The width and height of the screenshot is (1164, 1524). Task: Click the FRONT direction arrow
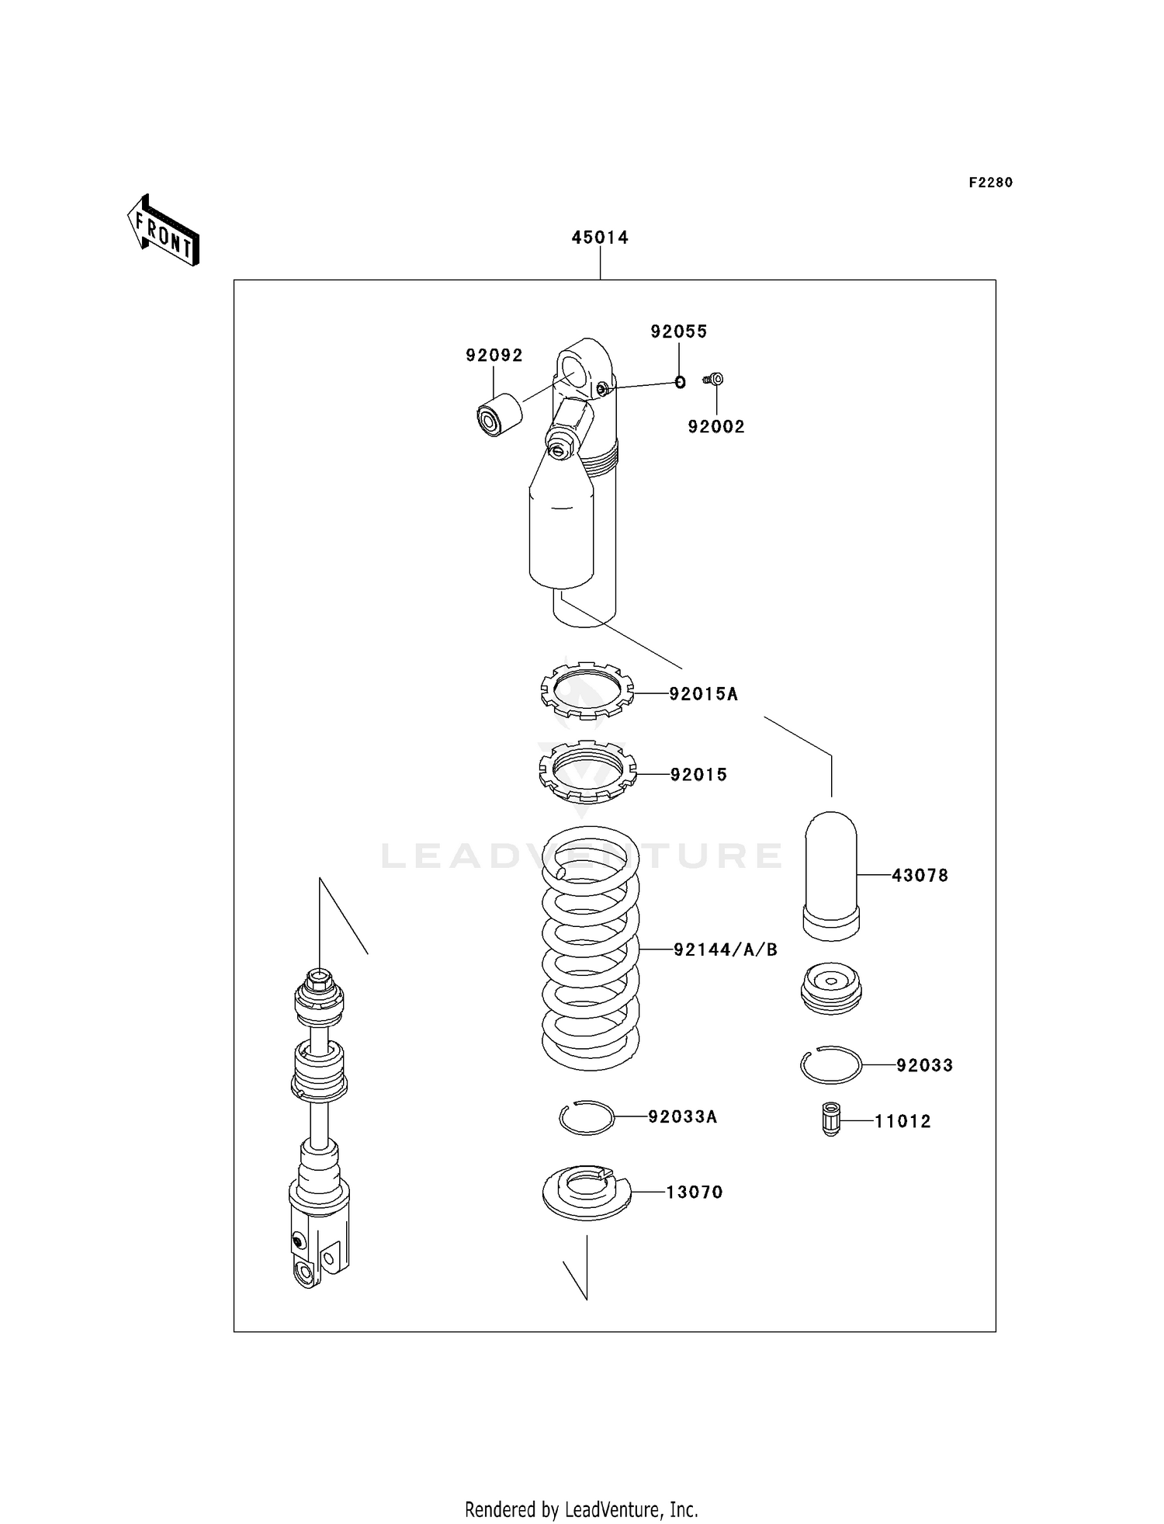coord(164,231)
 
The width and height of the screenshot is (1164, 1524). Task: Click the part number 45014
coord(599,238)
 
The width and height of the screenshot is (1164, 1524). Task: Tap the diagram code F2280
coord(990,182)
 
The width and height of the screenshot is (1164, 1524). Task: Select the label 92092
coord(494,356)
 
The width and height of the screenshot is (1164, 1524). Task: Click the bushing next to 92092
coord(499,415)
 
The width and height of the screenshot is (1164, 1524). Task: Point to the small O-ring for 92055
coord(680,382)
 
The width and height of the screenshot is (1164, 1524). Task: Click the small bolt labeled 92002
coord(715,379)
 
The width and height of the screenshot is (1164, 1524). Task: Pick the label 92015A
coord(703,694)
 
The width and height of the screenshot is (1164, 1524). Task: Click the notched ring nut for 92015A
coord(587,689)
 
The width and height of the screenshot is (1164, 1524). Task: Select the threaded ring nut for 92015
coord(587,772)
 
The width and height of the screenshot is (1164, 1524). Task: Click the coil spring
coord(590,947)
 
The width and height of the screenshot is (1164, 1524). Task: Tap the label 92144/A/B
coord(725,949)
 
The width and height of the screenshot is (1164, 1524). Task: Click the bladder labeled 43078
coord(831,875)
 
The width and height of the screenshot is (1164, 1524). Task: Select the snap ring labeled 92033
coord(830,1064)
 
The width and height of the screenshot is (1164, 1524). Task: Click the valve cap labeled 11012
coord(830,1119)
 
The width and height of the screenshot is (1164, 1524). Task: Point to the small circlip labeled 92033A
coord(587,1117)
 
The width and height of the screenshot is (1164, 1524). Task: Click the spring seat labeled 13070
coord(587,1192)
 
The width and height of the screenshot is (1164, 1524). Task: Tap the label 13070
coord(694,1192)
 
